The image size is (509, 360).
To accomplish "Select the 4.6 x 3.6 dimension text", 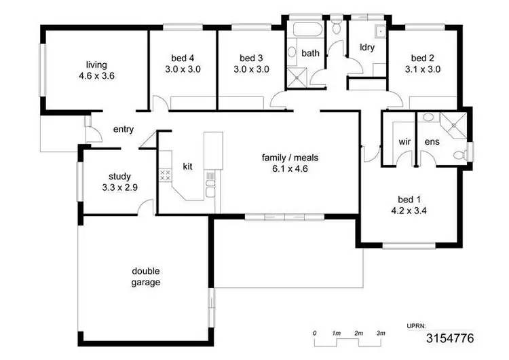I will (96, 76).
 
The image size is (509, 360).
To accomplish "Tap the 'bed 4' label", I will (183, 58).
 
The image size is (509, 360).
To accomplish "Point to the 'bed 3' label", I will (251, 58).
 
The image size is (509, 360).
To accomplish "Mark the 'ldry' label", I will (367, 48).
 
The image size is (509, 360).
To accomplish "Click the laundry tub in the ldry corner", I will (379, 31).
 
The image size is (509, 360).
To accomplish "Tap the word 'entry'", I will (124, 130).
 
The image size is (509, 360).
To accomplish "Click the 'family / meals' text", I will (290, 158).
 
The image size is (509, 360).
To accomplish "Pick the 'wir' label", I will (404, 142).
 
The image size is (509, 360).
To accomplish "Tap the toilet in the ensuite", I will (460, 155).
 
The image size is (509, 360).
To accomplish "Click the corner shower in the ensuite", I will (450, 123).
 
